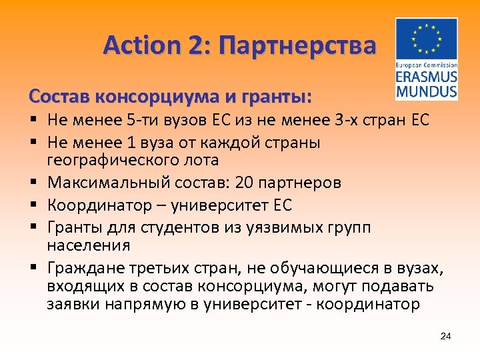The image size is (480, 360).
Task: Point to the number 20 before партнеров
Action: pyautogui.click(x=243, y=183)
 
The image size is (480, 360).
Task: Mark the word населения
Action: pyautogui.click(x=79, y=245)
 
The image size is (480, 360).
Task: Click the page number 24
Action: pyautogui.click(x=446, y=335)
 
